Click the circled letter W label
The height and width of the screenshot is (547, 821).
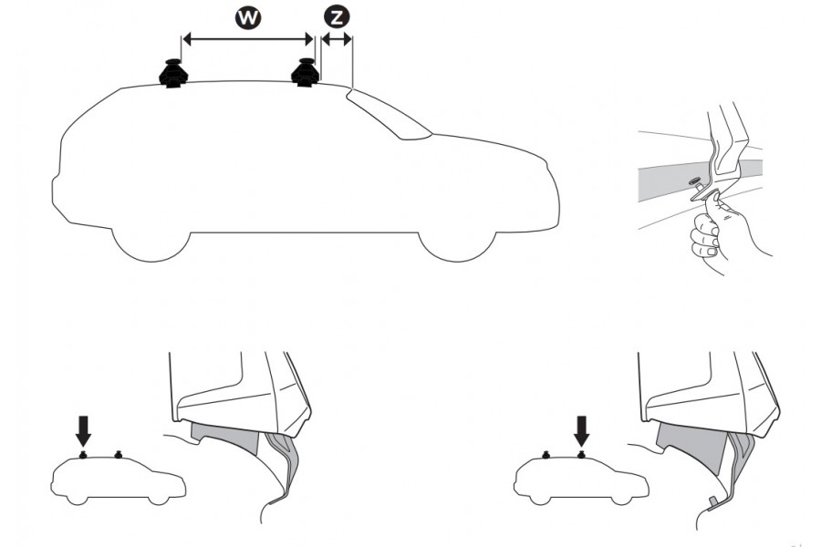[x=244, y=17]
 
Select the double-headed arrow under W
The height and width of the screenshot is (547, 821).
[x=247, y=38]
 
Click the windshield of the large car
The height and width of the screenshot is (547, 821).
[x=388, y=115]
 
